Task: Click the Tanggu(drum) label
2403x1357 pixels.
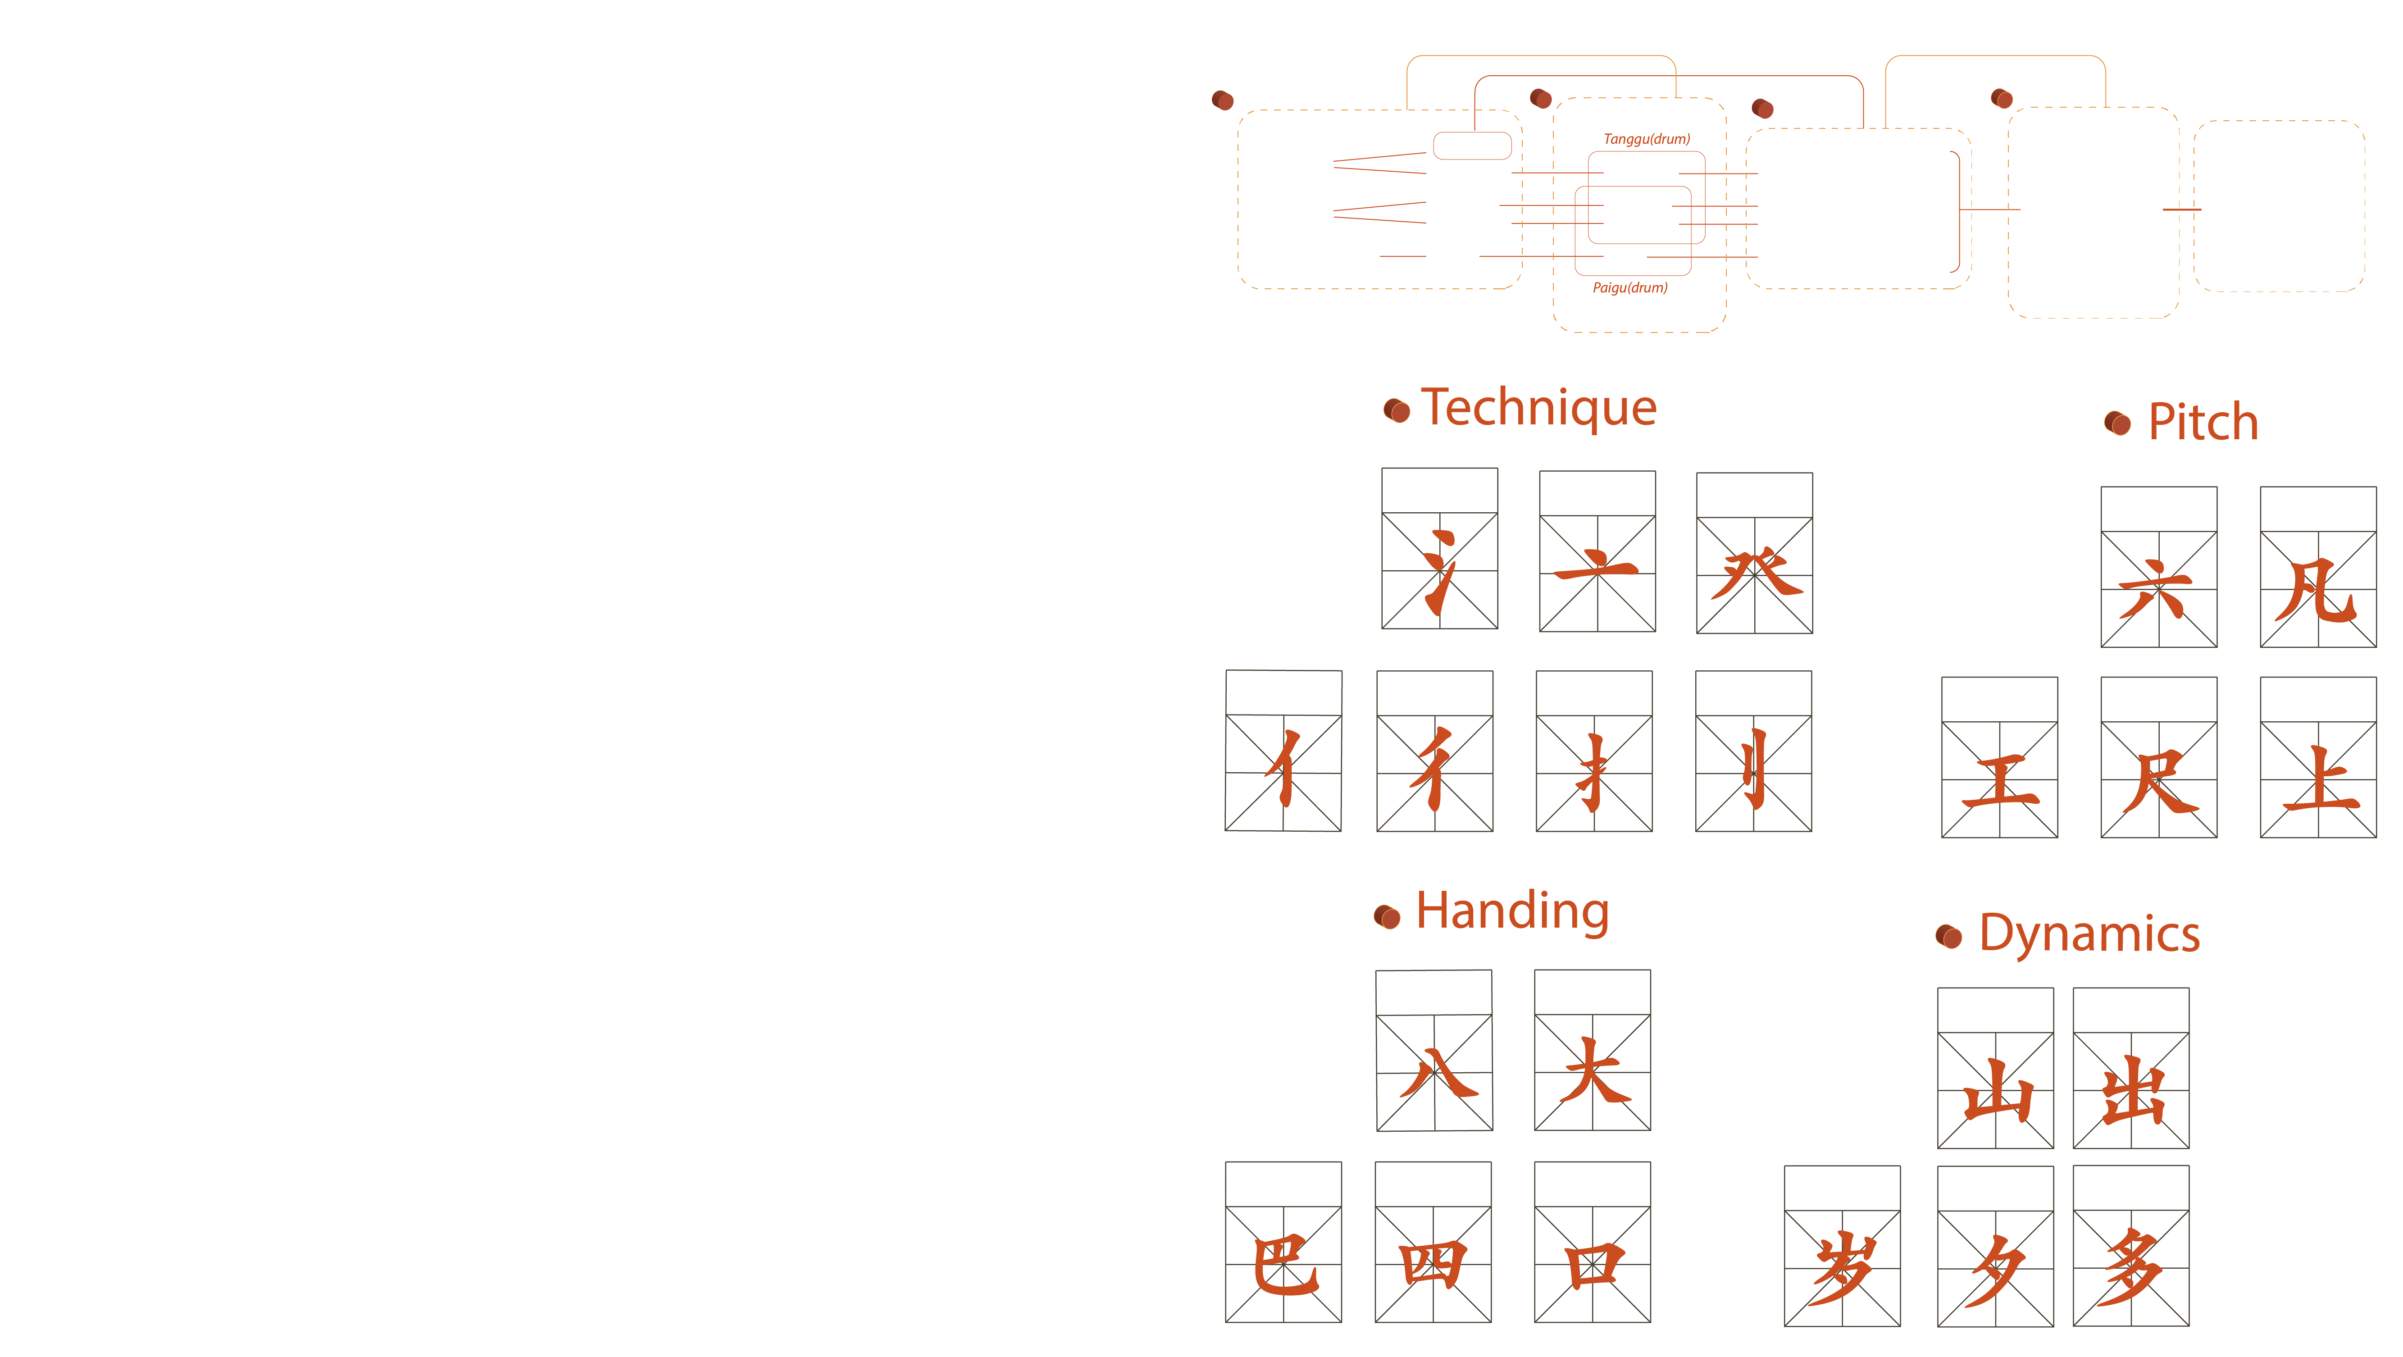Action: pyautogui.click(x=1647, y=139)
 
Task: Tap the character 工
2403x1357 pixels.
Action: pyautogui.click(x=1999, y=782)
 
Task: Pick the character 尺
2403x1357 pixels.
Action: pyautogui.click(x=2158, y=782)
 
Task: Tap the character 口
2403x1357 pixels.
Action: pyautogui.click(x=1593, y=1266)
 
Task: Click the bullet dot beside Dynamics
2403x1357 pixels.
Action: pyautogui.click(x=1949, y=935)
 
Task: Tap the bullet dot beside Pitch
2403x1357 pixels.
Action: pyautogui.click(x=2117, y=423)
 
